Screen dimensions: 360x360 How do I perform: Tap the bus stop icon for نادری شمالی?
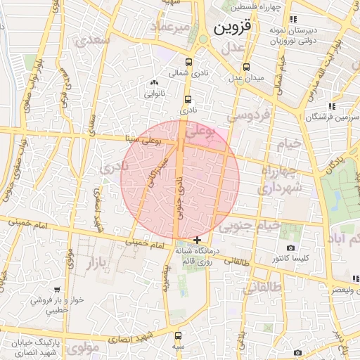[188, 61]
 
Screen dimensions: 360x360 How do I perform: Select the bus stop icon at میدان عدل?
[245, 67]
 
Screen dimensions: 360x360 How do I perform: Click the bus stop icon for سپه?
[177, 335]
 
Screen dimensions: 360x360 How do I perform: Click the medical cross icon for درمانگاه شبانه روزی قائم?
[197, 240]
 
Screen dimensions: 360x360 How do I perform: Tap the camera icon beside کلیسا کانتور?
[290, 248]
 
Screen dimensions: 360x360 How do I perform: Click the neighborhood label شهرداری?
[279, 188]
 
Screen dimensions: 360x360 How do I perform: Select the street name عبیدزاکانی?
[157, 171]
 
